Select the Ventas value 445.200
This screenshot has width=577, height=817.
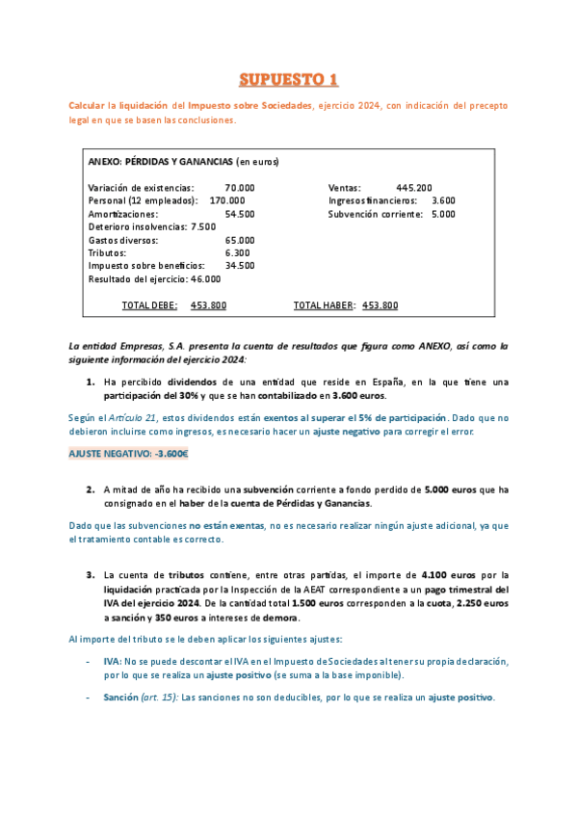tap(413, 187)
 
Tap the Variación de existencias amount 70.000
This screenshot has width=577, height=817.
tap(240, 187)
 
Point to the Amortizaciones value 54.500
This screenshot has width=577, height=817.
tap(240, 214)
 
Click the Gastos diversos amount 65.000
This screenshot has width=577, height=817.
tap(240, 240)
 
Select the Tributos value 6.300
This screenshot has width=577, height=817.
tap(237, 252)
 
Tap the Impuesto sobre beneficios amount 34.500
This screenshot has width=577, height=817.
tap(240, 265)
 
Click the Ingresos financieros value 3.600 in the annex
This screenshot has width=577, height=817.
tap(443, 200)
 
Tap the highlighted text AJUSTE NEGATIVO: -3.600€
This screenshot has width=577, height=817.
tap(128, 453)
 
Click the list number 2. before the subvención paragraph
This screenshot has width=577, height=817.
tap(91, 489)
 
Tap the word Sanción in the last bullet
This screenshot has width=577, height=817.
tap(120, 697)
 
